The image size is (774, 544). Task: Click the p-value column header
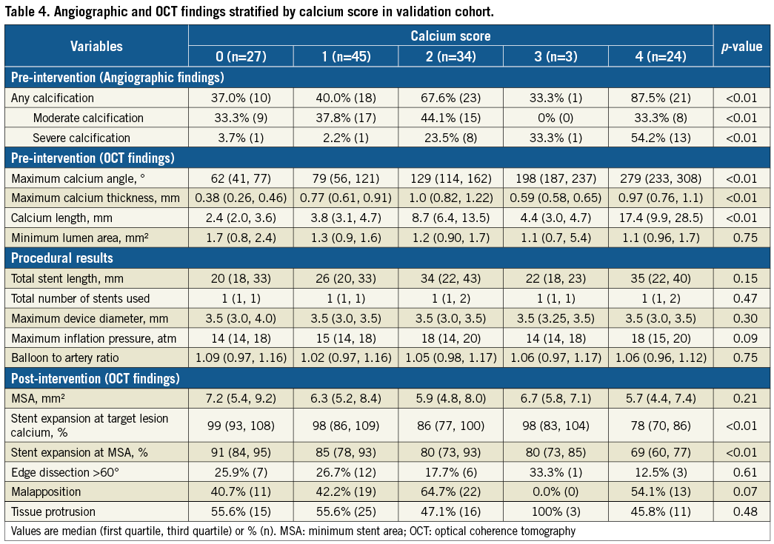[741, 46]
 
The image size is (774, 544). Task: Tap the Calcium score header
[450, 36]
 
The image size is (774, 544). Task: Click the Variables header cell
[96, 46]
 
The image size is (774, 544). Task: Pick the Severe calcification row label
[81, 138]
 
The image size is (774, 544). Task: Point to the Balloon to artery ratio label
[67, 358]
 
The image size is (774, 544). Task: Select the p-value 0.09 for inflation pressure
[741, 338]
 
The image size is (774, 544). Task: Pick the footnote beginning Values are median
[293, 531]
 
